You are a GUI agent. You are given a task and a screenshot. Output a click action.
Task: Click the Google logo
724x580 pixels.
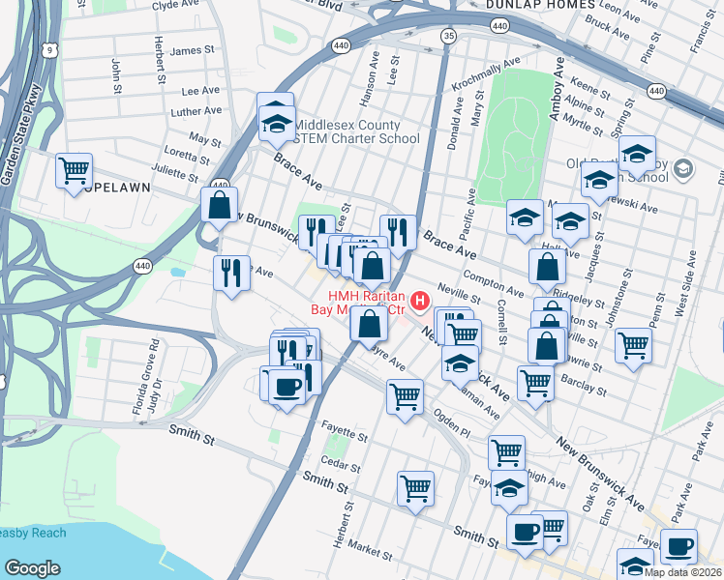32,568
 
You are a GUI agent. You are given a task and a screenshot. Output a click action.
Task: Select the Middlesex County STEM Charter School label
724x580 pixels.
356,131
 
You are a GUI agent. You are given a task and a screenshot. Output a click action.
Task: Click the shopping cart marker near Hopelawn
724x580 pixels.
74,171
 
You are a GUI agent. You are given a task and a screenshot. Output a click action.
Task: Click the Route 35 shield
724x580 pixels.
447,36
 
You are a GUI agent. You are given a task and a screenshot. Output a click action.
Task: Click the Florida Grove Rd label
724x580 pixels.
153,383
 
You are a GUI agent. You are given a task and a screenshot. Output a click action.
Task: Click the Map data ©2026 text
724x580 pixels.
681,572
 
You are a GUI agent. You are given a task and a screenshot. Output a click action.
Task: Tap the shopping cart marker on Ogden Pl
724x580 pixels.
405,394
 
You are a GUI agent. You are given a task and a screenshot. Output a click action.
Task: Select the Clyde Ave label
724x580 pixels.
175,5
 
